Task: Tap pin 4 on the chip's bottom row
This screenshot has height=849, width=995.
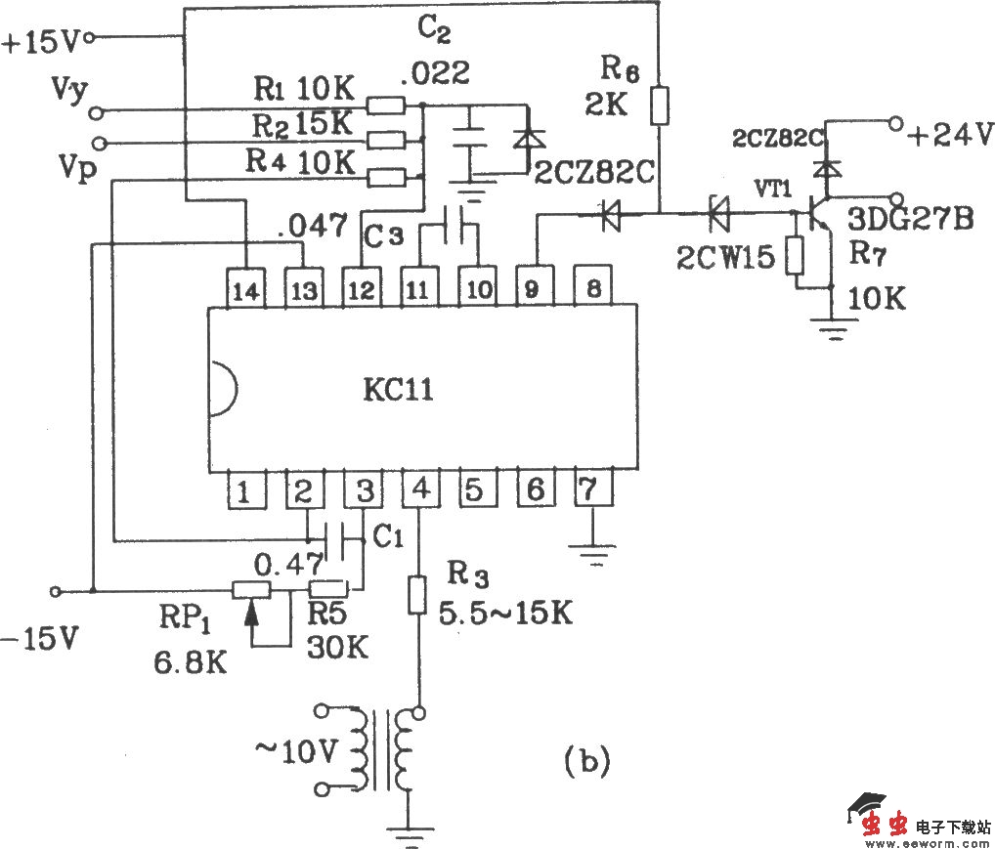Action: (420, 489)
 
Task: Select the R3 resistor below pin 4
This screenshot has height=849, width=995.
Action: (418, 594)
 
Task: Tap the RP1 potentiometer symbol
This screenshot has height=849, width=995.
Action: (252, 590)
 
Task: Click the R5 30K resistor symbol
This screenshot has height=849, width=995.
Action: (327, 589)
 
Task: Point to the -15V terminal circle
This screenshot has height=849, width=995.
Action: (56, 591)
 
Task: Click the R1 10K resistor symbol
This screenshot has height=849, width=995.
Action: (385, 105)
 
